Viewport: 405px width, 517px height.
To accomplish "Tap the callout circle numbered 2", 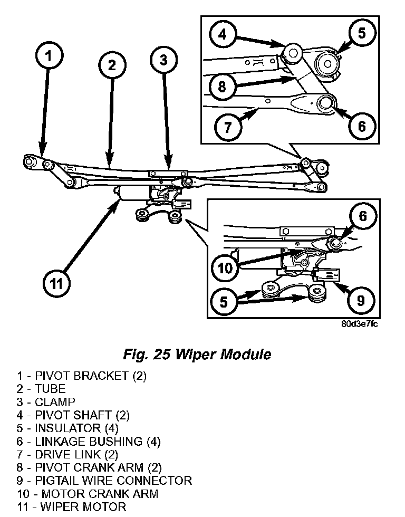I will coord(111,65).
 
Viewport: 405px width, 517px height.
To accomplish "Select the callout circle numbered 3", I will coord(163,60).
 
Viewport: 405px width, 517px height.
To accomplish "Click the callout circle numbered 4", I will coord(224,35).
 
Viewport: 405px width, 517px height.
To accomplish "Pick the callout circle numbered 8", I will coord(221,85).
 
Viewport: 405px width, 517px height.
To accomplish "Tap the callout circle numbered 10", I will coord(225,268).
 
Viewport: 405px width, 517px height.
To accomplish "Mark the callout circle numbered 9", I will coord(361,300).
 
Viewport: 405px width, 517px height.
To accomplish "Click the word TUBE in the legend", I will coord(50,389).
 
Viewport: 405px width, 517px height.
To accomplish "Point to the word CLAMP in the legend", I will coord(55,402).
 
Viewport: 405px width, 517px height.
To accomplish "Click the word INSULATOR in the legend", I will coord(67,428).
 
